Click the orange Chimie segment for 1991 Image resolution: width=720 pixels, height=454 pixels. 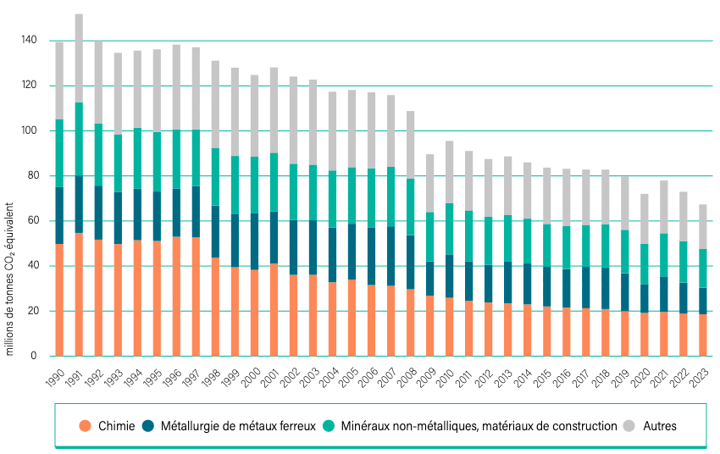tap(79, 294)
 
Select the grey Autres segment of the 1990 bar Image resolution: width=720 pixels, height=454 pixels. tap(59, 80)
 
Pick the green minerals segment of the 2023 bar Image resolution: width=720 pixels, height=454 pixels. tap(702, 269)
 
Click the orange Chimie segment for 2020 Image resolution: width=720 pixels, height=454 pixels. tap(644, 335)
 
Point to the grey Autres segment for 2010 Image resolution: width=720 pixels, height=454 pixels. tap(449, 172)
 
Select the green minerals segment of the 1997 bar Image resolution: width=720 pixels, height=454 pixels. tap(196, 158)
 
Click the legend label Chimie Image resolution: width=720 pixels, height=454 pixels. tap(116, 426)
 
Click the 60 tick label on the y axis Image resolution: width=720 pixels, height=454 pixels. tap(30, 221)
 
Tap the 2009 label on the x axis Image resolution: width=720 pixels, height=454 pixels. tap(428, 377)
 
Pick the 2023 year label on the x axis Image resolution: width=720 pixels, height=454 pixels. tap(701, 377)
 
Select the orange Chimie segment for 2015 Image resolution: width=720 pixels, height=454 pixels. tap(546, 331)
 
